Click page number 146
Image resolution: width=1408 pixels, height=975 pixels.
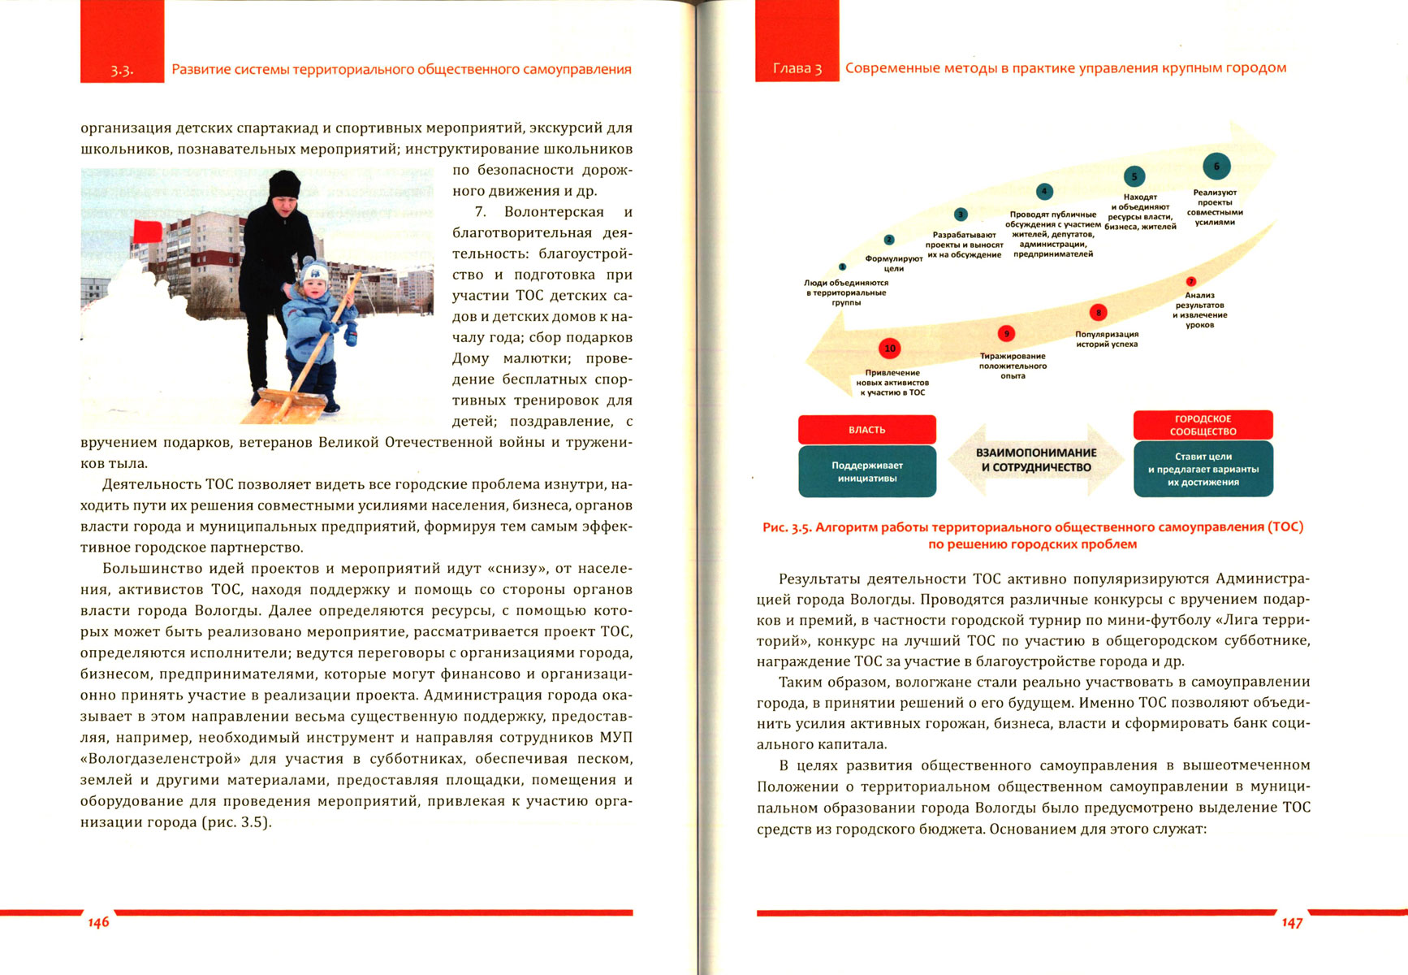click(98, 922)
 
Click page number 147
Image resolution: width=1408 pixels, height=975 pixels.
click(1292, 922)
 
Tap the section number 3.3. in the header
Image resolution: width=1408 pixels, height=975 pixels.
click(122, 71)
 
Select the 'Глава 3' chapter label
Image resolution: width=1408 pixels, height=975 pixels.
click(797, 69)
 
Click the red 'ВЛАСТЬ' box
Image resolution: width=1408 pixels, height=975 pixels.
click(866, 430)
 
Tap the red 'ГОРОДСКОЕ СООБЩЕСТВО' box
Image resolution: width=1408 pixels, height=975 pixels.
click(1203, 425)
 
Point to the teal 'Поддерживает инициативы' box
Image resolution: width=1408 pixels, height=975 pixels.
click(866, 471)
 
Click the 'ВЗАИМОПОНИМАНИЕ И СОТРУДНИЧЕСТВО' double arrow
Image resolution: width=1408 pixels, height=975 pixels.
click(1035, 460)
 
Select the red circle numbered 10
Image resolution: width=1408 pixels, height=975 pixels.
click(890, 349)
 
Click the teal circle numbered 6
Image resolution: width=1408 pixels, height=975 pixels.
click(1216, 167)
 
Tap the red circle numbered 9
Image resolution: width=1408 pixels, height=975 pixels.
click(1006, 334)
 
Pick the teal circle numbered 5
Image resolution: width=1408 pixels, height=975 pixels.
click(1134, 176)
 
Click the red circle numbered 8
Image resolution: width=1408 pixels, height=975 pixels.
click(1098, 313)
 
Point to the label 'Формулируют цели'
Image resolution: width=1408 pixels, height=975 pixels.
click(893, 263)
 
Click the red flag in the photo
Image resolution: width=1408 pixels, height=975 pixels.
click(147, 231)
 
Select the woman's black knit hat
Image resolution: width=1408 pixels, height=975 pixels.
click(284, 184)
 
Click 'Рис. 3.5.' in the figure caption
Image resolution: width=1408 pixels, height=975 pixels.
click(787, 527)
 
